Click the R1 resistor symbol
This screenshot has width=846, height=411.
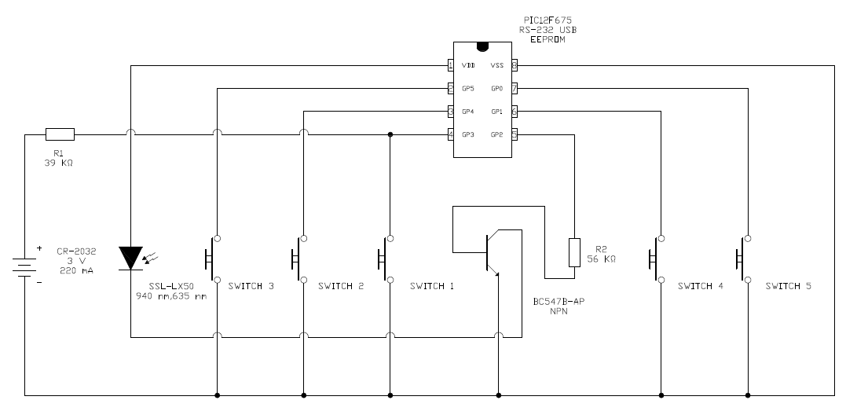[x=60, y=134]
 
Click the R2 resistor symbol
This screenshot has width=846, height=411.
[x=574, y=251]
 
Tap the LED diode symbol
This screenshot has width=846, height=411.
[x=130, y=258]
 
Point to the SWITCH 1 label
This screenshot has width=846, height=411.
[x=431, y=286]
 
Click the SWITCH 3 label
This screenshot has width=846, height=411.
[x=251, y=286]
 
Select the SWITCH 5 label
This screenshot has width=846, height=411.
[x=789, y=286]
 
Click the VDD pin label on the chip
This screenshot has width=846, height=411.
[x=468, y=66]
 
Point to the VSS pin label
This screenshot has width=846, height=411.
[x=496, y=66]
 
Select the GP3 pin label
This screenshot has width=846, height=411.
[x=468, y=134]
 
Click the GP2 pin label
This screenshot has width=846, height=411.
[x=496, y=134]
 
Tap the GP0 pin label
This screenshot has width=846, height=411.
[x=496, y=89]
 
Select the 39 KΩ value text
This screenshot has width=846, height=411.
[x=60, y=163]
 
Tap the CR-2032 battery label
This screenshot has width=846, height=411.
[x=76, y=251]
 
